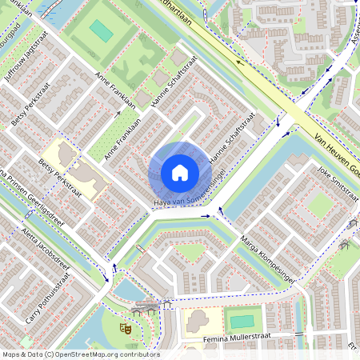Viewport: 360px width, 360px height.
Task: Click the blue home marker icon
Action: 180,172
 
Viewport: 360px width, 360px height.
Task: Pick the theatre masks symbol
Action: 125,327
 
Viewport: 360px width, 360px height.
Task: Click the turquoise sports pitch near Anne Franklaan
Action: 101,31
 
